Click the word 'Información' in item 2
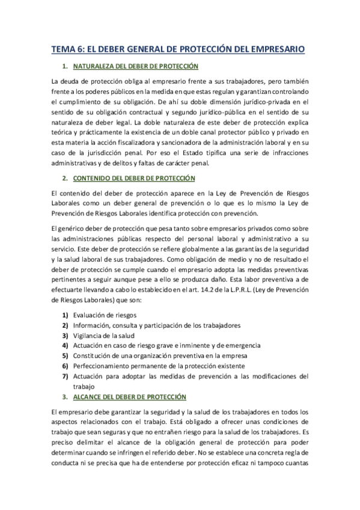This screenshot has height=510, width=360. click(92, 325)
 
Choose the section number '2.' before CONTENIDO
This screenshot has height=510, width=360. click(64, 179)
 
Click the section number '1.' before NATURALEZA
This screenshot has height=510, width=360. click(64, 66)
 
